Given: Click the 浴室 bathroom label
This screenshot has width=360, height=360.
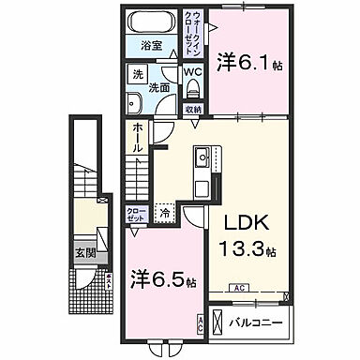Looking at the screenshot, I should coord(151,45).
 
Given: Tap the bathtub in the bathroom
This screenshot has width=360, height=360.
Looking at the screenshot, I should coord(151,22).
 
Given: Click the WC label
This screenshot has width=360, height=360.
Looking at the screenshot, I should coord(192,71).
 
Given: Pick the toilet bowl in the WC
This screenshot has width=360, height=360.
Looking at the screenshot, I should coord(192,88).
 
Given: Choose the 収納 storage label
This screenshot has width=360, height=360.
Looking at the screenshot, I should coord(192,109).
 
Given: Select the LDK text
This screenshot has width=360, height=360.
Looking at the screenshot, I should coord(247,225).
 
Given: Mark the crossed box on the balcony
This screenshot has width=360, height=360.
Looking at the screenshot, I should coord(217,324).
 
